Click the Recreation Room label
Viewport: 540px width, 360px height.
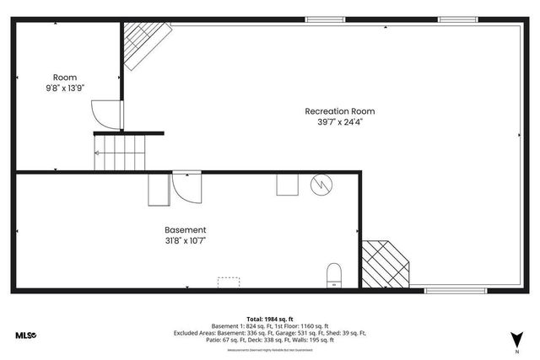point(339,111)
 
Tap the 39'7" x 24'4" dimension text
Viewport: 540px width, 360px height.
point(339,122)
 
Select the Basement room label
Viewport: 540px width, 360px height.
point(185,229)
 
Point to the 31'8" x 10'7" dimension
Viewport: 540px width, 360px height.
point(185,240)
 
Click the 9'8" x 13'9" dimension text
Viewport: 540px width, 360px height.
point(65,88)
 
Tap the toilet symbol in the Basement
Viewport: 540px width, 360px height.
point(334,275)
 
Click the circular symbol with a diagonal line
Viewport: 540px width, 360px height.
point(321,185)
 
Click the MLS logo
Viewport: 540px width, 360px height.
point(26,336)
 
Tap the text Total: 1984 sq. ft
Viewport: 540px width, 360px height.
point(269,318)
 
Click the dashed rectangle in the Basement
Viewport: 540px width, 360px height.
point(229,282)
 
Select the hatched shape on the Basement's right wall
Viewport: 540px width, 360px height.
point(385,262)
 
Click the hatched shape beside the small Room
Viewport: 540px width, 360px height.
point(143,44)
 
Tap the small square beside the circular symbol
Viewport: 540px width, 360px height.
point(287,185)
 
